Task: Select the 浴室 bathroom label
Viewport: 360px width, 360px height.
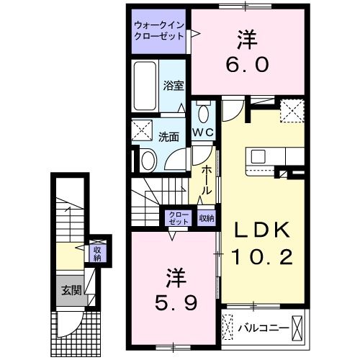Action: pos(174,85)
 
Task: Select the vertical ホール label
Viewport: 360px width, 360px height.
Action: pos(207,180)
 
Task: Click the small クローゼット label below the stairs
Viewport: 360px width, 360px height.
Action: pos(178,217)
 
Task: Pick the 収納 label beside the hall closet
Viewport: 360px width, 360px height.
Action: pos(205,217)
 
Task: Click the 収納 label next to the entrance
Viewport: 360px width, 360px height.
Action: pos(96,253)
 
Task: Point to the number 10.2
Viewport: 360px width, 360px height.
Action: pos(262,256)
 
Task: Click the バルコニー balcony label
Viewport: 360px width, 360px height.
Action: pos(263,329)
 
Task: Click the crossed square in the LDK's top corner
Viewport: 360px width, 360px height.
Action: pos(292,112)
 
